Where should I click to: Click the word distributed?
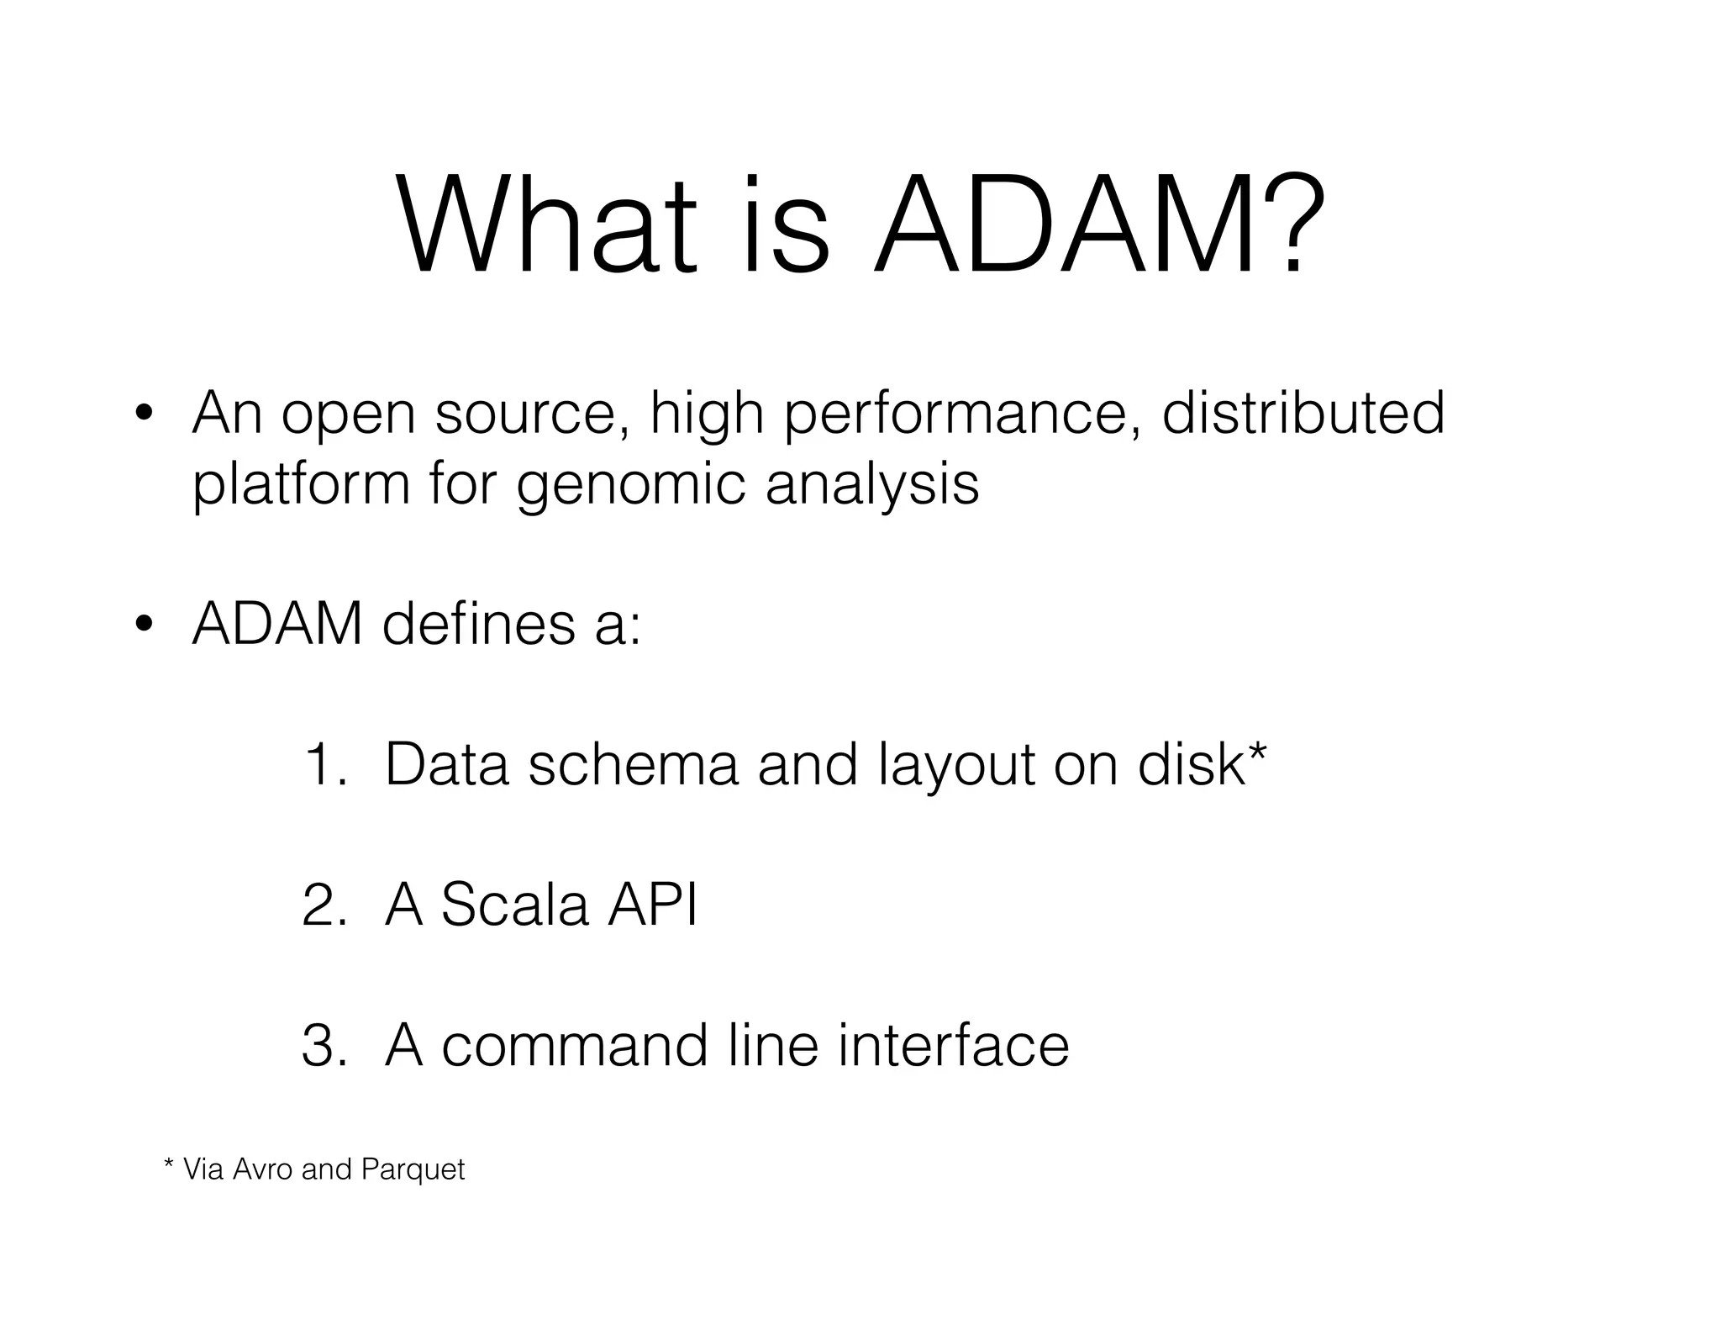click(x=1303, y=413)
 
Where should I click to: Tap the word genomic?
click(x=631, y=486)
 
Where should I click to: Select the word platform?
click(x=301, y=486)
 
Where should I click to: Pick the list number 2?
click(x=323, y=906)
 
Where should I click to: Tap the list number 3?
click(x=323, y=1047)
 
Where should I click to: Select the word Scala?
click(x=514, y=905)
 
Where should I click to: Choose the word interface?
click(x=954, y=1046)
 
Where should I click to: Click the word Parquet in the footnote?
click(x=413, y=1169)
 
